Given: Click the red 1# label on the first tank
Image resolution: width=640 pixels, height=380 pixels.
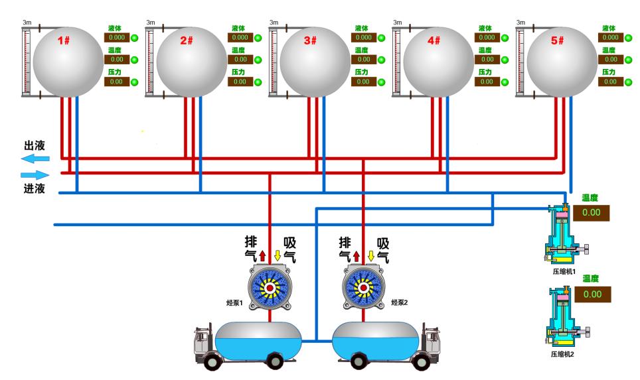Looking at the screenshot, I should (64, 41).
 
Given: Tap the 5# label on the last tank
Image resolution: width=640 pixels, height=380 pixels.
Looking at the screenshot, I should (556, 41).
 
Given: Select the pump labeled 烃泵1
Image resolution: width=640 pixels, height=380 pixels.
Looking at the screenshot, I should (270, 287).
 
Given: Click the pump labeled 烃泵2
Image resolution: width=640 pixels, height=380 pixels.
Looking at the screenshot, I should (362, 287).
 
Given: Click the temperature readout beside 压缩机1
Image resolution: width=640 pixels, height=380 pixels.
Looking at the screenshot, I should (592, 213).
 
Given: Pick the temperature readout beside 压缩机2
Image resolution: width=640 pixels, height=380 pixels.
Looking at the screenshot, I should (592, 294).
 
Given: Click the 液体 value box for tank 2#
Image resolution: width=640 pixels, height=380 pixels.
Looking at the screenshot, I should (240, 38).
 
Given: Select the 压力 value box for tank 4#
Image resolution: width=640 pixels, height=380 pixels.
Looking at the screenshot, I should (487, 82).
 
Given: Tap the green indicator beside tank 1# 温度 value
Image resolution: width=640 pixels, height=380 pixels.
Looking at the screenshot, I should (134, 60).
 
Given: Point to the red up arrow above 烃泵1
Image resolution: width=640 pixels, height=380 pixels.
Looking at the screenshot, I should (262, 255).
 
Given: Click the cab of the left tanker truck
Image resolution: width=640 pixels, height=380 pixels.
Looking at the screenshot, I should (202, 342).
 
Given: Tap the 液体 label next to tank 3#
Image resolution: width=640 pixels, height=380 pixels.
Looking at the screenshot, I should (361, 29).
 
